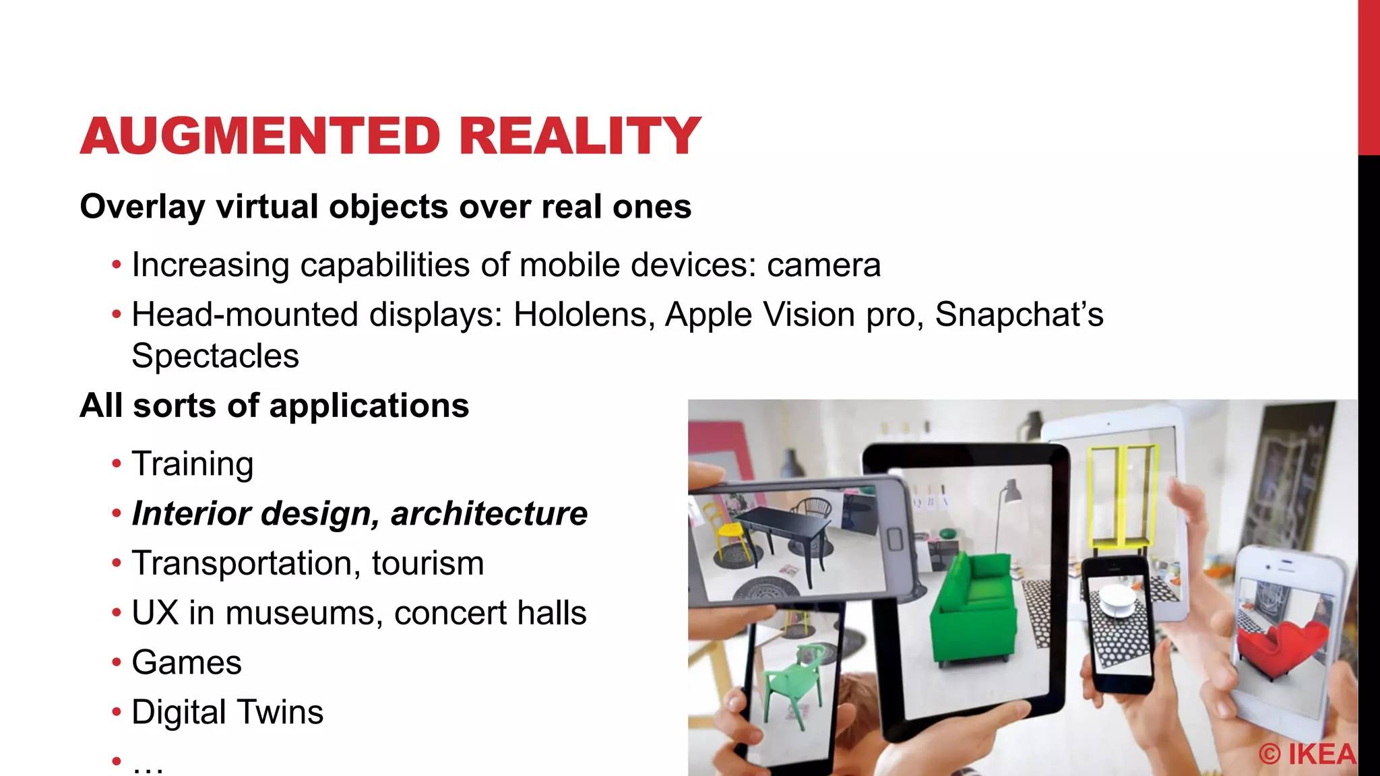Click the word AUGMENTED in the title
point(260,136)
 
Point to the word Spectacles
point(215,356)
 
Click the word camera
point(823,265)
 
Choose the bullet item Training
point(193,464)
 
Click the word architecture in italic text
point(489,514)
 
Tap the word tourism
point(427,564)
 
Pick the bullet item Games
point(187,663)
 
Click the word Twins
point(280,713)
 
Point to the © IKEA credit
point(1307,754)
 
